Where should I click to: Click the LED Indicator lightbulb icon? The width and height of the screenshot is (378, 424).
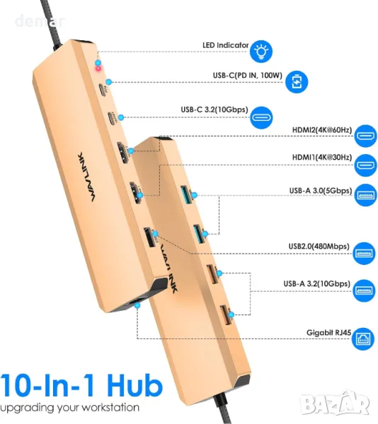pos(260,52)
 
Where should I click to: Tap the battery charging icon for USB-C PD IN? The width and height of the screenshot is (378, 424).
pos(297,82)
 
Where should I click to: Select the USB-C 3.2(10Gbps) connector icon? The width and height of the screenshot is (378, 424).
pos(261,117)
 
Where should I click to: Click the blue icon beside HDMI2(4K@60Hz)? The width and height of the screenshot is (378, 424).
pos(366,136)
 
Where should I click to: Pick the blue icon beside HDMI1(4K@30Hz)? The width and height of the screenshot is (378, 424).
pos(366,165)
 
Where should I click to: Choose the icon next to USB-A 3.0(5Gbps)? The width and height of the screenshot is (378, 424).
pos(366,195)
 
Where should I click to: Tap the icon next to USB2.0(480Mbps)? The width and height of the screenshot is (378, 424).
pos(364,253)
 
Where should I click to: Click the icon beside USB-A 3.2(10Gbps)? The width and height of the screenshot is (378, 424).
pos(364,290)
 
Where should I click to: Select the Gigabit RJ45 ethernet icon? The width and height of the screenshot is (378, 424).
pos(363,338)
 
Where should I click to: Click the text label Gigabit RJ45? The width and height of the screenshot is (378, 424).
pos(328,333)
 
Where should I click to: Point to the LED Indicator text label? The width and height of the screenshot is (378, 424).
pos(225,45)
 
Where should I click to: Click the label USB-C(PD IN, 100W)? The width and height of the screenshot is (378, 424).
pos(248,75)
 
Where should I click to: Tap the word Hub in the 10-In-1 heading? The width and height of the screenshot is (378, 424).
pos(134,385)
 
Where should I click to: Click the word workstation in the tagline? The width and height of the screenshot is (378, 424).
pos(110,407)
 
